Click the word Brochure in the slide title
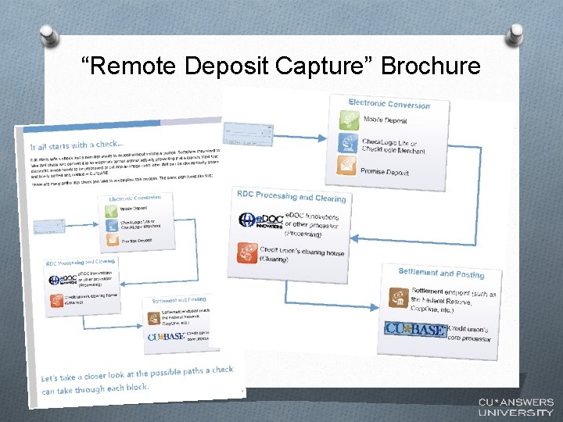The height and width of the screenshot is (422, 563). (431, 66)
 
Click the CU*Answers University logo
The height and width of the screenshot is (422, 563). (515, 406)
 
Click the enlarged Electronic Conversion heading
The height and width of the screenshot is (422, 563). (389, 104)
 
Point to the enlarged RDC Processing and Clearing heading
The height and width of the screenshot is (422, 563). (291, 196)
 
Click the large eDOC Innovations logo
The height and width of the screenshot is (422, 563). (259, 220)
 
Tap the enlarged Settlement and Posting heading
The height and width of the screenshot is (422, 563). (441, 273)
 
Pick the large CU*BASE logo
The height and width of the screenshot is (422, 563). (415, 329)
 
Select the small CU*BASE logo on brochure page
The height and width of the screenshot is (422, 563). (164, 337)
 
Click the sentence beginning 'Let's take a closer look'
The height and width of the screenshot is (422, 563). (137, 379)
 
